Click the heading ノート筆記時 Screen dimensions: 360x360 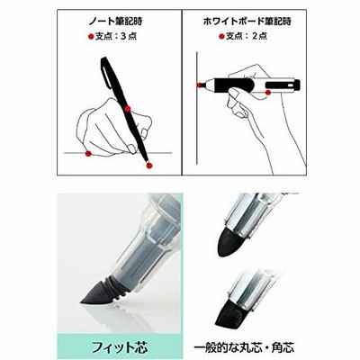(115, 22)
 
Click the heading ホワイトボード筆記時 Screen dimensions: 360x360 (247, 22)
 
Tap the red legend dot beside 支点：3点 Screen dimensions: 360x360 (91, 37)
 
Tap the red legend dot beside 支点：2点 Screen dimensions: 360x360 (221, 37)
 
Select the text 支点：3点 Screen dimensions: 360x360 (116, 37)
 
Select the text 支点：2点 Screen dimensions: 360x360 (247, 37)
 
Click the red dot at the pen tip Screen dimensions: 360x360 (149, 165)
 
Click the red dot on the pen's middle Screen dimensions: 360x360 (128, 109)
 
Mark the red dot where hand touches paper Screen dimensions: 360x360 (88, 154)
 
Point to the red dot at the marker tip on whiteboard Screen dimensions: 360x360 (200, 85)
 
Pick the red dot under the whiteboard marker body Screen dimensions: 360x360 (268, 93)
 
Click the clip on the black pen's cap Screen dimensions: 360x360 (105, 77)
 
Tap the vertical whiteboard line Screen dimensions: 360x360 (196, 108)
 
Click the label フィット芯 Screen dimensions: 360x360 (120, 347)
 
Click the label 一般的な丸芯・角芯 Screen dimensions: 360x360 (244, 347)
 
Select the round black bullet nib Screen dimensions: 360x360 (229, 242)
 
